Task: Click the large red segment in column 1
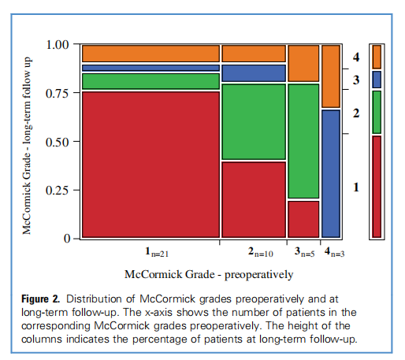(x=150, y=164)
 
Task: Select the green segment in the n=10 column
(x=253, y=121)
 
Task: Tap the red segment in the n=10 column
(x=253, y=199)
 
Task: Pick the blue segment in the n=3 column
(x=331, y=173)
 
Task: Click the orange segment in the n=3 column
(x=331, y=76)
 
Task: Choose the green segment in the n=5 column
(x=303, y=140)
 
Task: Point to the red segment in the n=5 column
(x=303, y=218)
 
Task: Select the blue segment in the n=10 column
(x=253, y=72)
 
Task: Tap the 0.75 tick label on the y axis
(x=59, y=93)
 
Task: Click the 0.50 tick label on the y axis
(x=59, y=142)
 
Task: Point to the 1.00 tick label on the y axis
(x=59, y=44)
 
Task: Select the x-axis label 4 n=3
(x=333, y=253)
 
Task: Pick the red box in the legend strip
(x=377, y=186)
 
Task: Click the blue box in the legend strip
(x=377, y=79)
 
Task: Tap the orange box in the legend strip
(x=377, y=56)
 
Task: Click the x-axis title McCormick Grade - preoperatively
(x=209, y=274)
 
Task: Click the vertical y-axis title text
(x=27, y=142)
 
